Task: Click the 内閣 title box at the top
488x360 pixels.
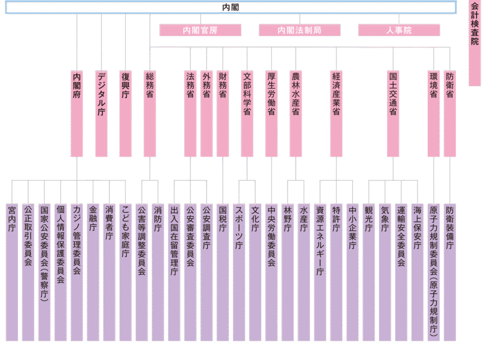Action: pyautogui.click(x=231, y=8)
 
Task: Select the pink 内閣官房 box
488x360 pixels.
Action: pyautogui.click(x=200, y=30)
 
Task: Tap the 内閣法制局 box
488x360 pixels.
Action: pyautogui.click(x=299, y=30)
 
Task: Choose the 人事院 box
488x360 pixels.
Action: pyautogui.click(x=399, y=30)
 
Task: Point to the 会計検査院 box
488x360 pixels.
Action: pyautogui.click(x=475, y=43)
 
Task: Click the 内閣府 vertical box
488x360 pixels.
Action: pyautogui.click(x=77, y=113)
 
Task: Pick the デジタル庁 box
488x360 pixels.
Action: pyautogui.click(x=101, y=113)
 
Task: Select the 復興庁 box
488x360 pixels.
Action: pyautogui.click(x=125, y=113)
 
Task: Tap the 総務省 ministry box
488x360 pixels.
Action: pyautogui.click(x=150, y=113)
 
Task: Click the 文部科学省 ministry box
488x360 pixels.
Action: pyautogui.click(x=247, y=113)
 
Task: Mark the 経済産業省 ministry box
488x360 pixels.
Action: pyautogui.click(x=336, y=113)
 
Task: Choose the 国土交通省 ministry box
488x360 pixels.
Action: pyautogui.click(x=393, y=113)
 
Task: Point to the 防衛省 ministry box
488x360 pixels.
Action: pyautogui.click(x=450, y=113)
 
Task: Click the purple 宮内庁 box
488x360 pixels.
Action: pyautogui.click(x=12, y=272)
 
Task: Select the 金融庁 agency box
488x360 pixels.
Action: pyautogui.click(x=93, y=272)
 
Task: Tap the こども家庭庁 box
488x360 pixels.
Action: pyautogui.click(x=125, y=272)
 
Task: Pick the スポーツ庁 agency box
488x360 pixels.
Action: pyautogui.click(x=239, y=272)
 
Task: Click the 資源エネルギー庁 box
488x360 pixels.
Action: pyautogui.click(x=320, y=272)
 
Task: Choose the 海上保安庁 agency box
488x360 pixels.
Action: pyautogui.click(x=417, y=272)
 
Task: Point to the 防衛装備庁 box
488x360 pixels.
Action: pyautogui.click(x=450, y=272)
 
